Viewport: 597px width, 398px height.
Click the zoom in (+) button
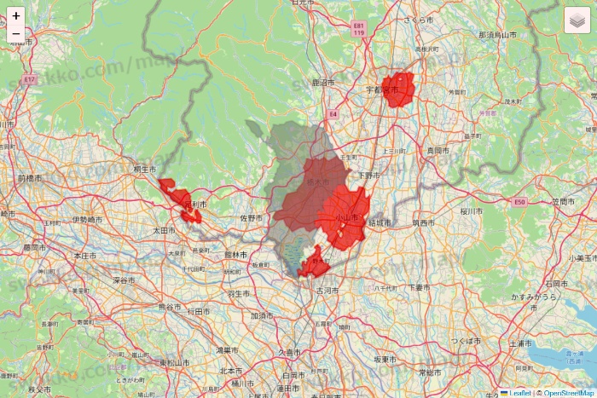[16, 15]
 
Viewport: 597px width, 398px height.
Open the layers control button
[577, 20]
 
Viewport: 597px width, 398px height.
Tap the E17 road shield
[30, 78]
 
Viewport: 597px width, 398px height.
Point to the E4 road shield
[333, 112]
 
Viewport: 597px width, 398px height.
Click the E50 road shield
[520, 202]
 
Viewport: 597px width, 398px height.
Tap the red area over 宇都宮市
[398, 89]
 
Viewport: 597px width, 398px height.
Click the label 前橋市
[28, 178]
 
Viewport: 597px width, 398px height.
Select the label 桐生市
[145, 170]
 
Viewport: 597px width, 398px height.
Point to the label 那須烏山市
[497, 35]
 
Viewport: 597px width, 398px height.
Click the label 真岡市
[437, 150]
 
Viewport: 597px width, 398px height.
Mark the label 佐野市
[251, 217]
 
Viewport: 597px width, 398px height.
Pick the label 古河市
[327, 291]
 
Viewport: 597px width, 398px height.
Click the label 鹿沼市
[324, 83]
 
